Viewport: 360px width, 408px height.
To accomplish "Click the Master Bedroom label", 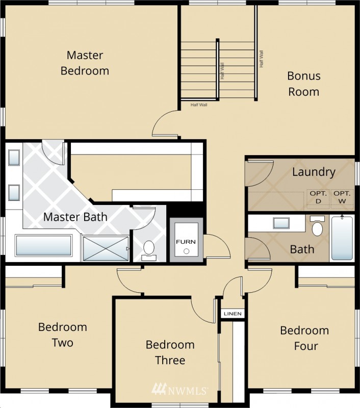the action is [85, 63].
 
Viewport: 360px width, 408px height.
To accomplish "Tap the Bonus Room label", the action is [304, 84].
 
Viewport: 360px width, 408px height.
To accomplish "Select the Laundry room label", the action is [314, 172].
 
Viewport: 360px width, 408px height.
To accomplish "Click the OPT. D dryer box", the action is [318, 198].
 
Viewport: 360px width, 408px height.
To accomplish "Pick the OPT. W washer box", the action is [342, 198].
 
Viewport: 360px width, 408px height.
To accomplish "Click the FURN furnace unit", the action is [186, 240].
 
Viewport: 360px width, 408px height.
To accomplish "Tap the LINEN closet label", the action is [233, 314].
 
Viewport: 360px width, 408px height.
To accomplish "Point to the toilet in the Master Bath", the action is [149, 250].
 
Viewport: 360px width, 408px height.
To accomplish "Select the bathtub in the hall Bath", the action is [342, 238].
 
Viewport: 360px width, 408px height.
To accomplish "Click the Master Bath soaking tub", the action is [43, 245].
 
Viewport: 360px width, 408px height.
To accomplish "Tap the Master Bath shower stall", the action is [106, 248].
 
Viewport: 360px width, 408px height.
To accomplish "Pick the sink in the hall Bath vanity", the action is [281, 223].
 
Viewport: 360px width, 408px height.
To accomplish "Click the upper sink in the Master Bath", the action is [14, 158].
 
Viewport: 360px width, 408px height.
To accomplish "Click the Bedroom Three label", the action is [170, 352].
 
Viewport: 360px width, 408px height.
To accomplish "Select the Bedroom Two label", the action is [63, 335].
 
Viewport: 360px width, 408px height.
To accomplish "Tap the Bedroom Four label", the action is [304, 338].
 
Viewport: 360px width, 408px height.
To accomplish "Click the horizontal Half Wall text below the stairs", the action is [199, 105].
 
